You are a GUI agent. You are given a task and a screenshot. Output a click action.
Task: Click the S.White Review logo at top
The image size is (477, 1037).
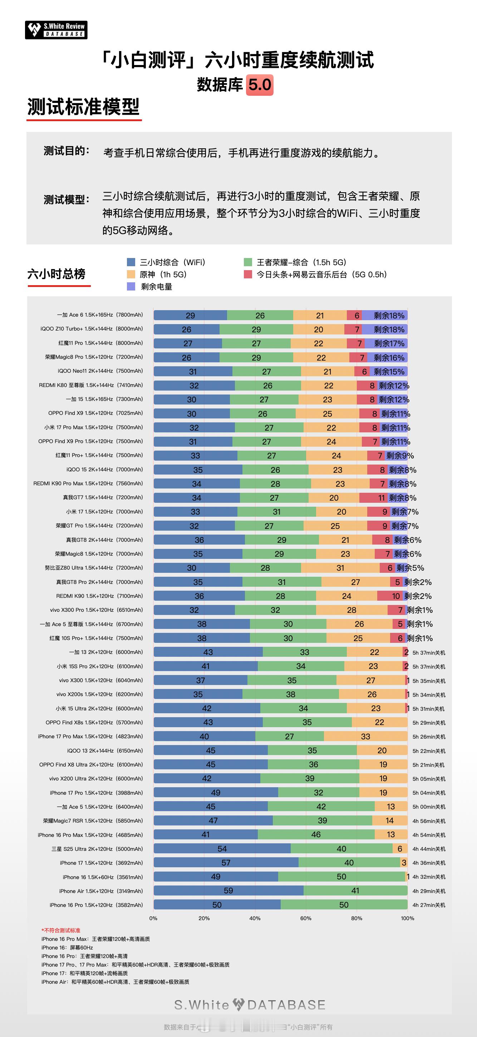[56, 30]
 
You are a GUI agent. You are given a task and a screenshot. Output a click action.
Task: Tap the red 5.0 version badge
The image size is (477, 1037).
[260, 85]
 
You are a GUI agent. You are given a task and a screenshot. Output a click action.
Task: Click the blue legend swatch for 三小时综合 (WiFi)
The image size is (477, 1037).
[131, 262]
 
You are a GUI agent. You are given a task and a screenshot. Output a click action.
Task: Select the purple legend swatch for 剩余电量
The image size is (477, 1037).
[131, 287]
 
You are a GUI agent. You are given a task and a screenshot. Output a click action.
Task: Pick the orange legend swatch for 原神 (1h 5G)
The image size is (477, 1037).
[131, 274]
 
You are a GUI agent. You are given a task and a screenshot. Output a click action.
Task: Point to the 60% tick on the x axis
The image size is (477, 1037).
[306, 918]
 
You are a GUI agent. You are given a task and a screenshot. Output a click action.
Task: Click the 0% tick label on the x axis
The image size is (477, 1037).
[153, 918]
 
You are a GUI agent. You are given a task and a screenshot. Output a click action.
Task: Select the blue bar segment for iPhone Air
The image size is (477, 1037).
[228, 890]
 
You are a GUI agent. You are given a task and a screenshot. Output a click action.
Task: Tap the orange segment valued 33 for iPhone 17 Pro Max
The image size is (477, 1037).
[365, 736]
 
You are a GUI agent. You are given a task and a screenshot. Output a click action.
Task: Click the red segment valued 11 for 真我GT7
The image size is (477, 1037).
[374, 497]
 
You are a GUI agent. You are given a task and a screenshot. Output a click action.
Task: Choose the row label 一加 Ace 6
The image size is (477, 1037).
[100, 315]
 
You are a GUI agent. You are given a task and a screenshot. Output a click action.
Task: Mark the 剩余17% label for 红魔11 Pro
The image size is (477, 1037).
[389, 343]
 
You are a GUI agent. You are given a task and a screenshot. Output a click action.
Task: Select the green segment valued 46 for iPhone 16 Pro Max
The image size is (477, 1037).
[316, 834]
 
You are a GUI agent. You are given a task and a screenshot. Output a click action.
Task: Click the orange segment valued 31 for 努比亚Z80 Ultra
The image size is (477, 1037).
[340, 567]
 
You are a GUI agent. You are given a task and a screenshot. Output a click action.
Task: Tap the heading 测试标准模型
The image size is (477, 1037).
[83, 107]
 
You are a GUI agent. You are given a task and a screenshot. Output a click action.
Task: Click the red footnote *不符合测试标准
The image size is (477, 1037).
[61, 930]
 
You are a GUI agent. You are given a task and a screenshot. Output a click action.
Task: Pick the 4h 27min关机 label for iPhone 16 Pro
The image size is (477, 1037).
[429, 905]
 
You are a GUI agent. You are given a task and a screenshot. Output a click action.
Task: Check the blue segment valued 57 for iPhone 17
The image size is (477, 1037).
[226, 863]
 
